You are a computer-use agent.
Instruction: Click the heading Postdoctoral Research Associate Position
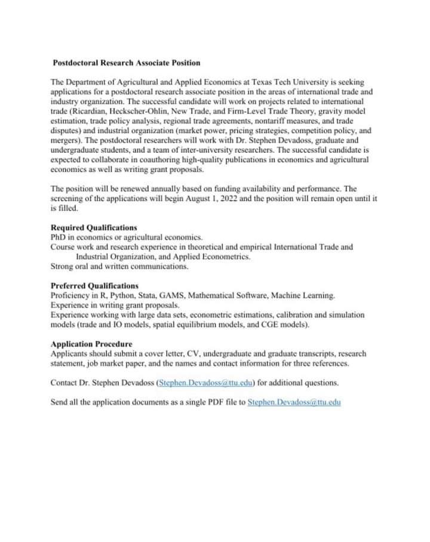[x=127, y=63]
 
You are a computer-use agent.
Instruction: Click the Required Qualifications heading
[x=94, y=227]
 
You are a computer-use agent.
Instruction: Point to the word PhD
[x=59, y=238]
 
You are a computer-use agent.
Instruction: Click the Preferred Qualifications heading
[x=94, y=286]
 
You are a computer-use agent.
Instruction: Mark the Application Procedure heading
[x=91, y=344]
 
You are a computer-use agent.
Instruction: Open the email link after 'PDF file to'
[x=294, y=402]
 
